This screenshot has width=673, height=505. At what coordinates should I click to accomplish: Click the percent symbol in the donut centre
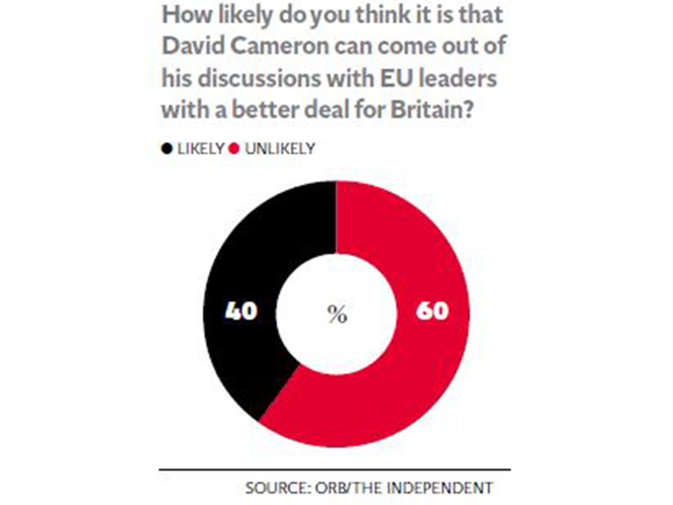tap(337, 314)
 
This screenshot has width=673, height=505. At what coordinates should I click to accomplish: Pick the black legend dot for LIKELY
tap(167, 149)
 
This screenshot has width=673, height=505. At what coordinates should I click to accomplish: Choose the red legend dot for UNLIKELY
tap(234, 149)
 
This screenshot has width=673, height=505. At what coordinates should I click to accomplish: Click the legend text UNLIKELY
tap(280, 149)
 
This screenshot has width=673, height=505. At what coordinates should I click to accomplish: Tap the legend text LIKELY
tap(201, 149)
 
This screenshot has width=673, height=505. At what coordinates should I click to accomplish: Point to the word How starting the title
tap(186, 15)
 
